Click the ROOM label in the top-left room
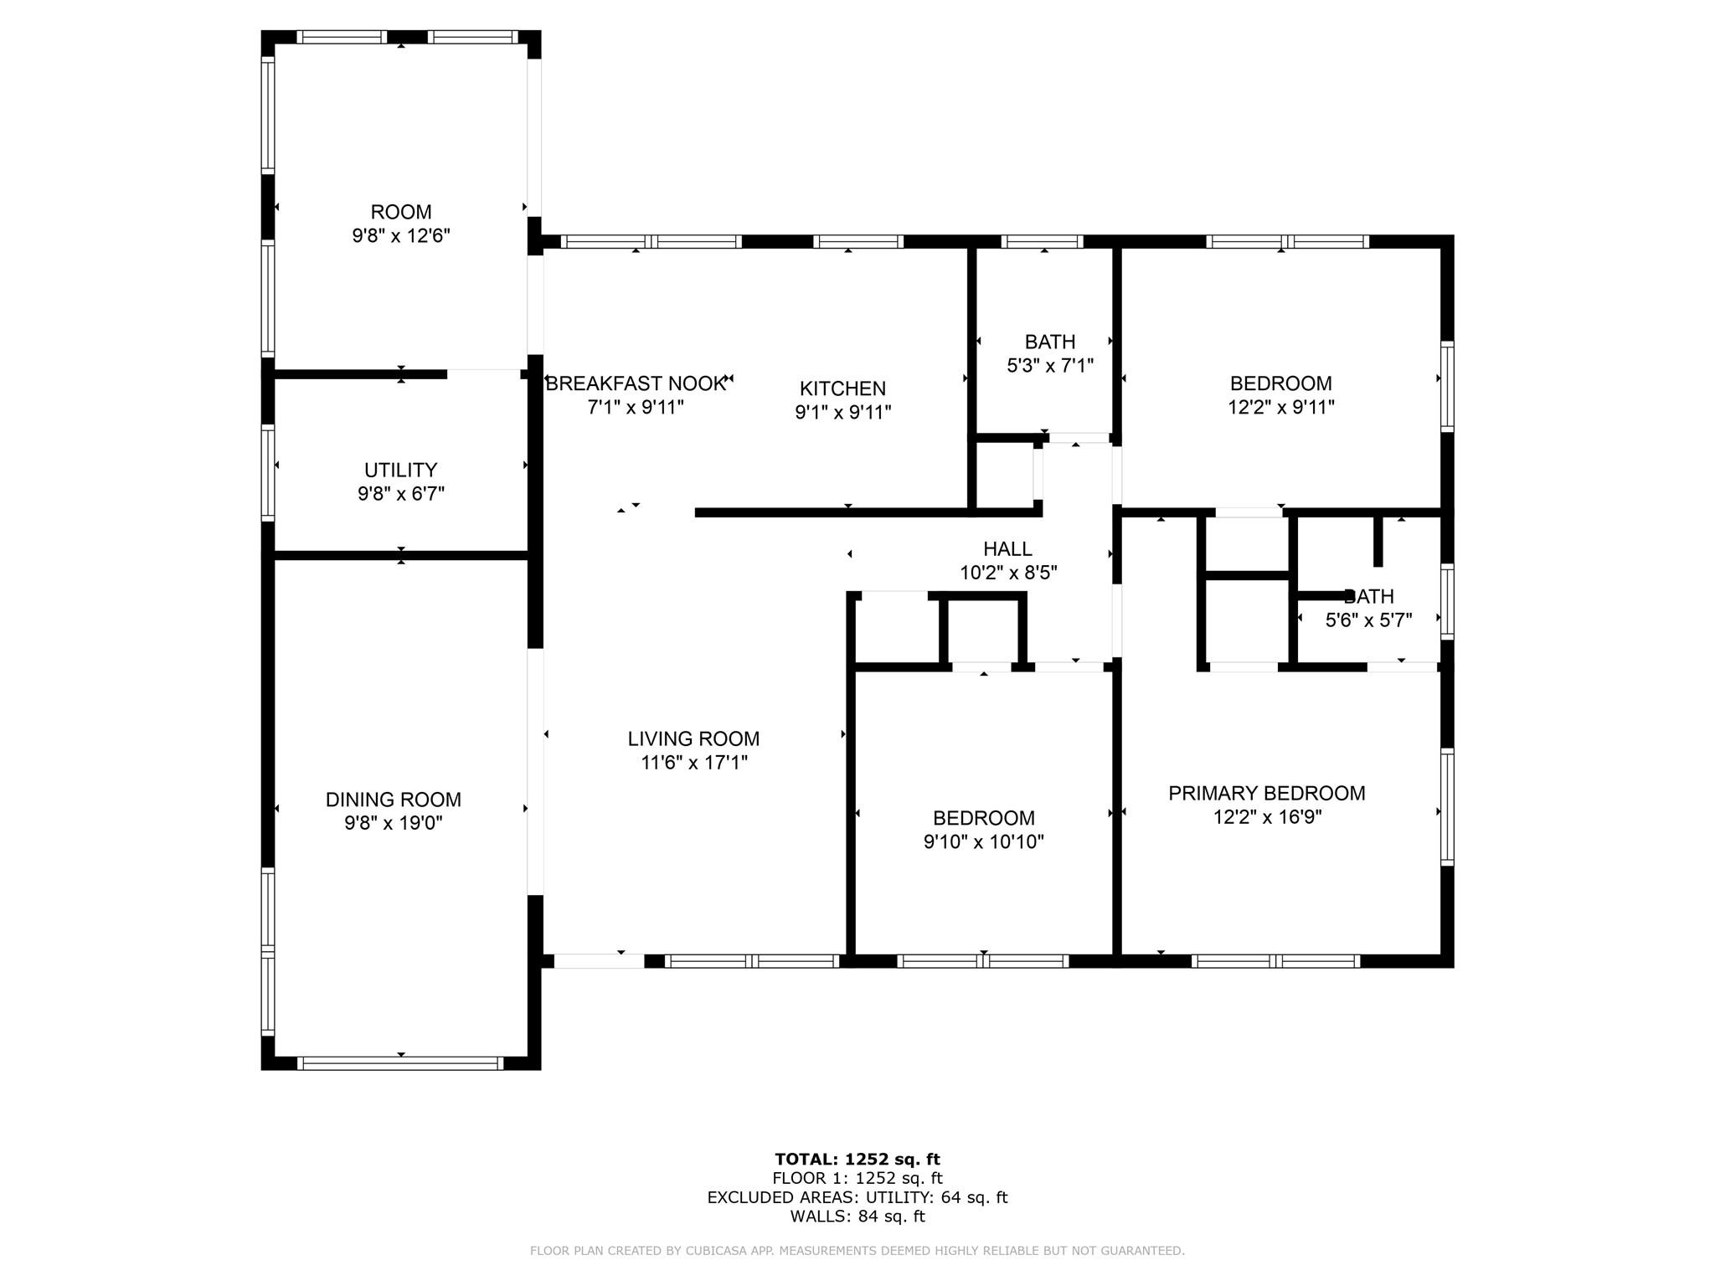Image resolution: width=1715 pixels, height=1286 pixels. (x=400, y=212)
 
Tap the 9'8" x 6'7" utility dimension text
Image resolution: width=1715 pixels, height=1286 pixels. (x=400, y=494)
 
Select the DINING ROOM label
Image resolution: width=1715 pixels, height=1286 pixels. (x=393, y=800)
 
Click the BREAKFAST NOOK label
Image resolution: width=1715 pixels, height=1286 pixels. (x=635, y=384)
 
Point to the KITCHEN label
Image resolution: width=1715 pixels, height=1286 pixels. (x=842, y=388)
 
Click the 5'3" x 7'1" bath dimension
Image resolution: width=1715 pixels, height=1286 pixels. (x=1049, y=366)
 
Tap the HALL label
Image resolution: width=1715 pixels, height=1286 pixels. (x=1007, y=549)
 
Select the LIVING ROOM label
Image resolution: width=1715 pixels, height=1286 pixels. (x=693, y=739)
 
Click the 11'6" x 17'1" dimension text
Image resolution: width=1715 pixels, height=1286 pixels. (x=693, y=763)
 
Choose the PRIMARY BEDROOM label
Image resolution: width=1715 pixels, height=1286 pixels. (x=1266, y=793)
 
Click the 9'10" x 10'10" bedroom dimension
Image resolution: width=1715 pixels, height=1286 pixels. (x=983, y=842)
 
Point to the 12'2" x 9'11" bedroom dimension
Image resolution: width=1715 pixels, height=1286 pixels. (x=1280, y=408)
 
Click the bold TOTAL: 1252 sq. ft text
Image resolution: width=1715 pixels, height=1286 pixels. (x=857, y=1160)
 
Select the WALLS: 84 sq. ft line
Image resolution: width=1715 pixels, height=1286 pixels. (x=857, y=1217)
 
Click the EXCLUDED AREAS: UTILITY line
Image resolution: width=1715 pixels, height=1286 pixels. (x=857, y=1197)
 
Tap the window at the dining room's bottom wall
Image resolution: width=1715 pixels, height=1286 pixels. (x=400, y=1063)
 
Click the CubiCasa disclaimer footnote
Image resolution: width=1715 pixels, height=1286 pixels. (x=857, y=1251)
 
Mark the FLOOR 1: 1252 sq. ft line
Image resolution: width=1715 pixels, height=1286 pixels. (x=857, y=1179)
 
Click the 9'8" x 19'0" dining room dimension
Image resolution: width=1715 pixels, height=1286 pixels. (x=393, y=824)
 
